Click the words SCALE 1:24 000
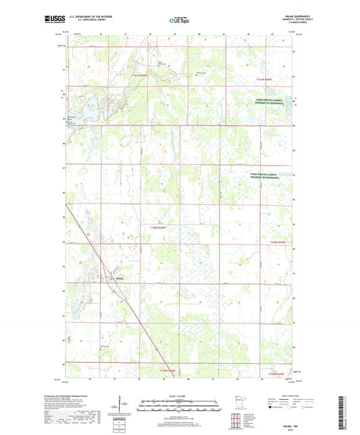click(x=179, y=395)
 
